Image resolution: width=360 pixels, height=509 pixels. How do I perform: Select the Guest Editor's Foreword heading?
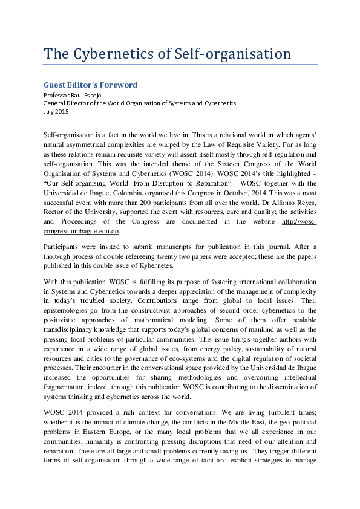tap(90, 85)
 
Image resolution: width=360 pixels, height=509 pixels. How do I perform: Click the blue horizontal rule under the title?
tap(180, 65)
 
